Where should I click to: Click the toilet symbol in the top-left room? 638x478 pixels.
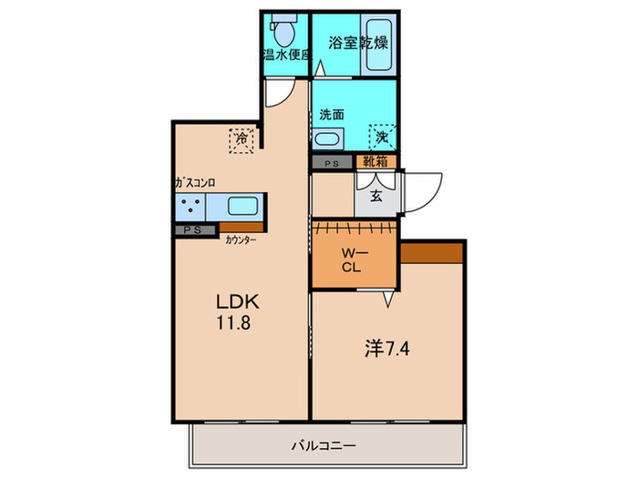pos(284,30)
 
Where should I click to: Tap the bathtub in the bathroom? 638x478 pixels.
pos(379,45)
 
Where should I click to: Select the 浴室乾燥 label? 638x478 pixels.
pos(357,43)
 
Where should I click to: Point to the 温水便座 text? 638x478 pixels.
pos(288,55)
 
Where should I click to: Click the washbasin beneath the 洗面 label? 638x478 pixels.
pos(327,139)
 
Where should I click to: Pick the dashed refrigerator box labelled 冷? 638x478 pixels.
pos(242,140)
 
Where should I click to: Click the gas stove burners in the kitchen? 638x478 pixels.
pos(190,205)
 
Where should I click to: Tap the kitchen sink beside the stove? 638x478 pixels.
pos(242,206)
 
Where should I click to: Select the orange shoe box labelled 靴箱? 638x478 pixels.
pos(376,162)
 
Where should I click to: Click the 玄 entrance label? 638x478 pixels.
pos(376,197)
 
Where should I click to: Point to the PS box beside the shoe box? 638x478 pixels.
pos(332,163)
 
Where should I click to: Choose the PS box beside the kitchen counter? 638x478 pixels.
pos(194,230)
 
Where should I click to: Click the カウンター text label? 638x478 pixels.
pos(241,240)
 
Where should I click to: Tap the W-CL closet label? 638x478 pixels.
pos(353,260)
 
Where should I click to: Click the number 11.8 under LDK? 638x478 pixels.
pos(233,322)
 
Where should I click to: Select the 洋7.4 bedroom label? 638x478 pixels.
pos(386,349)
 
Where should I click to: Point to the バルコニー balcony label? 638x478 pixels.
pos(324,446)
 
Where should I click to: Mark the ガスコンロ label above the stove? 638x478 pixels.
pos(195,183)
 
